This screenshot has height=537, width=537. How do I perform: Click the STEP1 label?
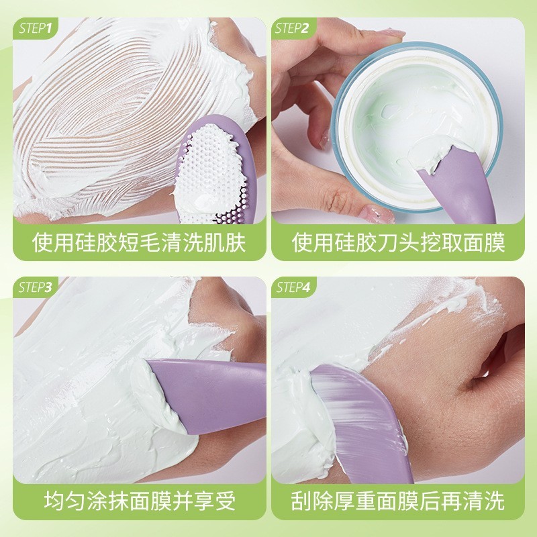coord(38,28)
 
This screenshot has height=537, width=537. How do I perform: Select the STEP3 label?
coord(38,287)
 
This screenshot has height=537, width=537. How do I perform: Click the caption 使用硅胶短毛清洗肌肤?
coord(140,242)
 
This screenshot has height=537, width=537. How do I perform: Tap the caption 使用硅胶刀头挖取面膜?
coord(398,242)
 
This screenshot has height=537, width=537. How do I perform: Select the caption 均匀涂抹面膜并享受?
coord(140,500)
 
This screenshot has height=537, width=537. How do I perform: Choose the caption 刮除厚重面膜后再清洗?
coord(398,500)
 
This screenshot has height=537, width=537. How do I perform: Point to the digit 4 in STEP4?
coord(307,287)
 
